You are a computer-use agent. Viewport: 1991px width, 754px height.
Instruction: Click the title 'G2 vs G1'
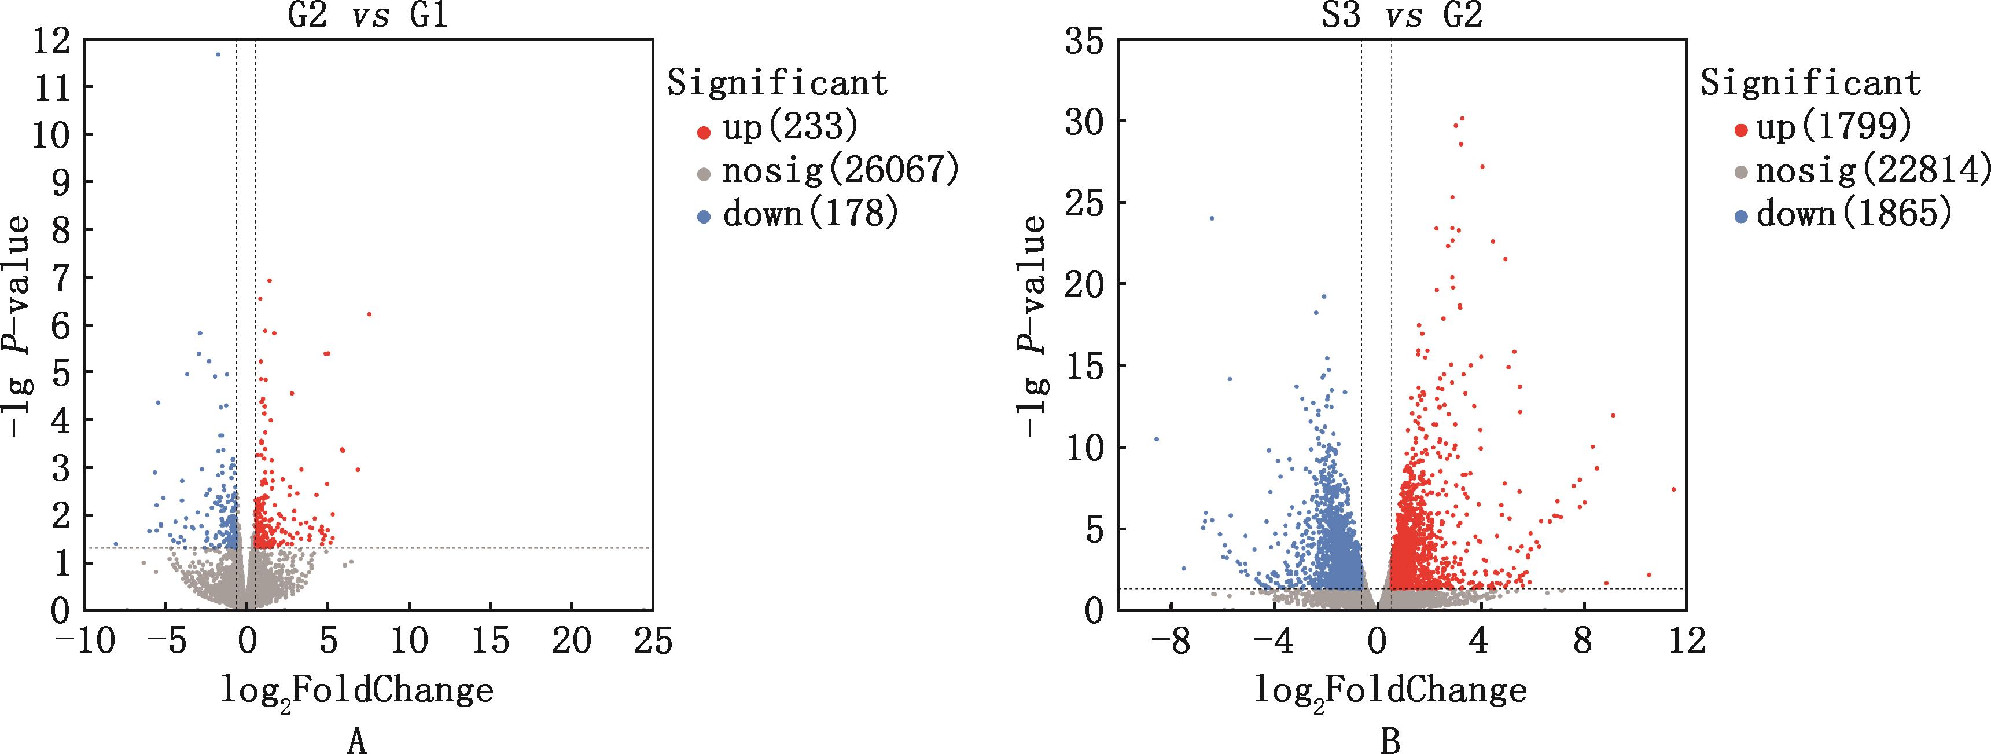[367, 16]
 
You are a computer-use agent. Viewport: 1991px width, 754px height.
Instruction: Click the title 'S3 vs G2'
[1401, 16]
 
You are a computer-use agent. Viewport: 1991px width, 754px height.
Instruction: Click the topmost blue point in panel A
[218, 54]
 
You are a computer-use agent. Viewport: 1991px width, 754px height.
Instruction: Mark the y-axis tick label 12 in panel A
[51, 39]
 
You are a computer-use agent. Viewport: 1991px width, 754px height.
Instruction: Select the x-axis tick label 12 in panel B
[1685, 642]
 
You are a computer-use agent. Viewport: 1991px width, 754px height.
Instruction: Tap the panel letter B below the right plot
[1390, 740]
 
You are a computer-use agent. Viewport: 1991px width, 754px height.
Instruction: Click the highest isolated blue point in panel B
[1211, 218]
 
